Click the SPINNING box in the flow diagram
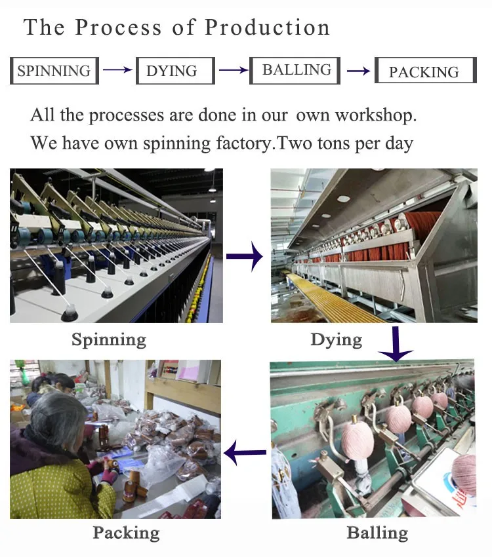[54, 71]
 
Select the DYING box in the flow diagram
[174, 71]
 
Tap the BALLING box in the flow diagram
[295, 70]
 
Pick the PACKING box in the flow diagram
[424, 71]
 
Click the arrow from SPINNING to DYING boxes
[117, 70]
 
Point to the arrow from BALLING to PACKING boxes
[358, 71]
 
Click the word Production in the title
[268, 28]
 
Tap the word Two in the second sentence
[296, 143]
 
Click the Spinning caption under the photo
[109, 339]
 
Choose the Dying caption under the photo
[336, 339]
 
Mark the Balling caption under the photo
[377, 532]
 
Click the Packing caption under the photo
[127, 532]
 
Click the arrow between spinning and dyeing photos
[244, 258]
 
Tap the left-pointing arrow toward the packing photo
[245, 451]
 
